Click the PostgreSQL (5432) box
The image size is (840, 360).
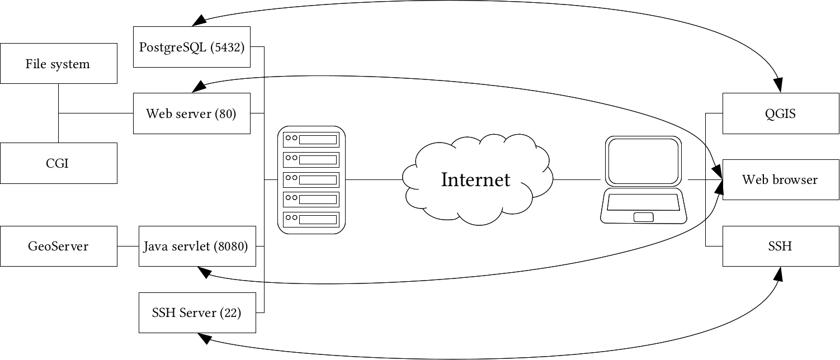191,47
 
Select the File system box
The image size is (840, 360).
58,63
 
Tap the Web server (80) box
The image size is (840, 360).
191,113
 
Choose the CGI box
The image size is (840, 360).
58,163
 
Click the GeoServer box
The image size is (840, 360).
58,246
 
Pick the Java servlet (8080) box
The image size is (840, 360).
197,246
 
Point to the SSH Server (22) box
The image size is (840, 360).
197,312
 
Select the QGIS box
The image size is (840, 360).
781,113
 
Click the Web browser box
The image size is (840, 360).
781,179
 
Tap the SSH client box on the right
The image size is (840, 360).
781,246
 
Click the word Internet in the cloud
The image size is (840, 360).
475,180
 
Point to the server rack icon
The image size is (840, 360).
312,179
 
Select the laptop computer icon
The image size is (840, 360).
643,179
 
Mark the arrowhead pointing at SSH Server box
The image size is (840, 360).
202,338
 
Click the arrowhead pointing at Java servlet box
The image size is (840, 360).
202,272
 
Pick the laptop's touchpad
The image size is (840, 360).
643,217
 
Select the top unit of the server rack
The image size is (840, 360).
312,139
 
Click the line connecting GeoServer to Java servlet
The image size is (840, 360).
128,246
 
